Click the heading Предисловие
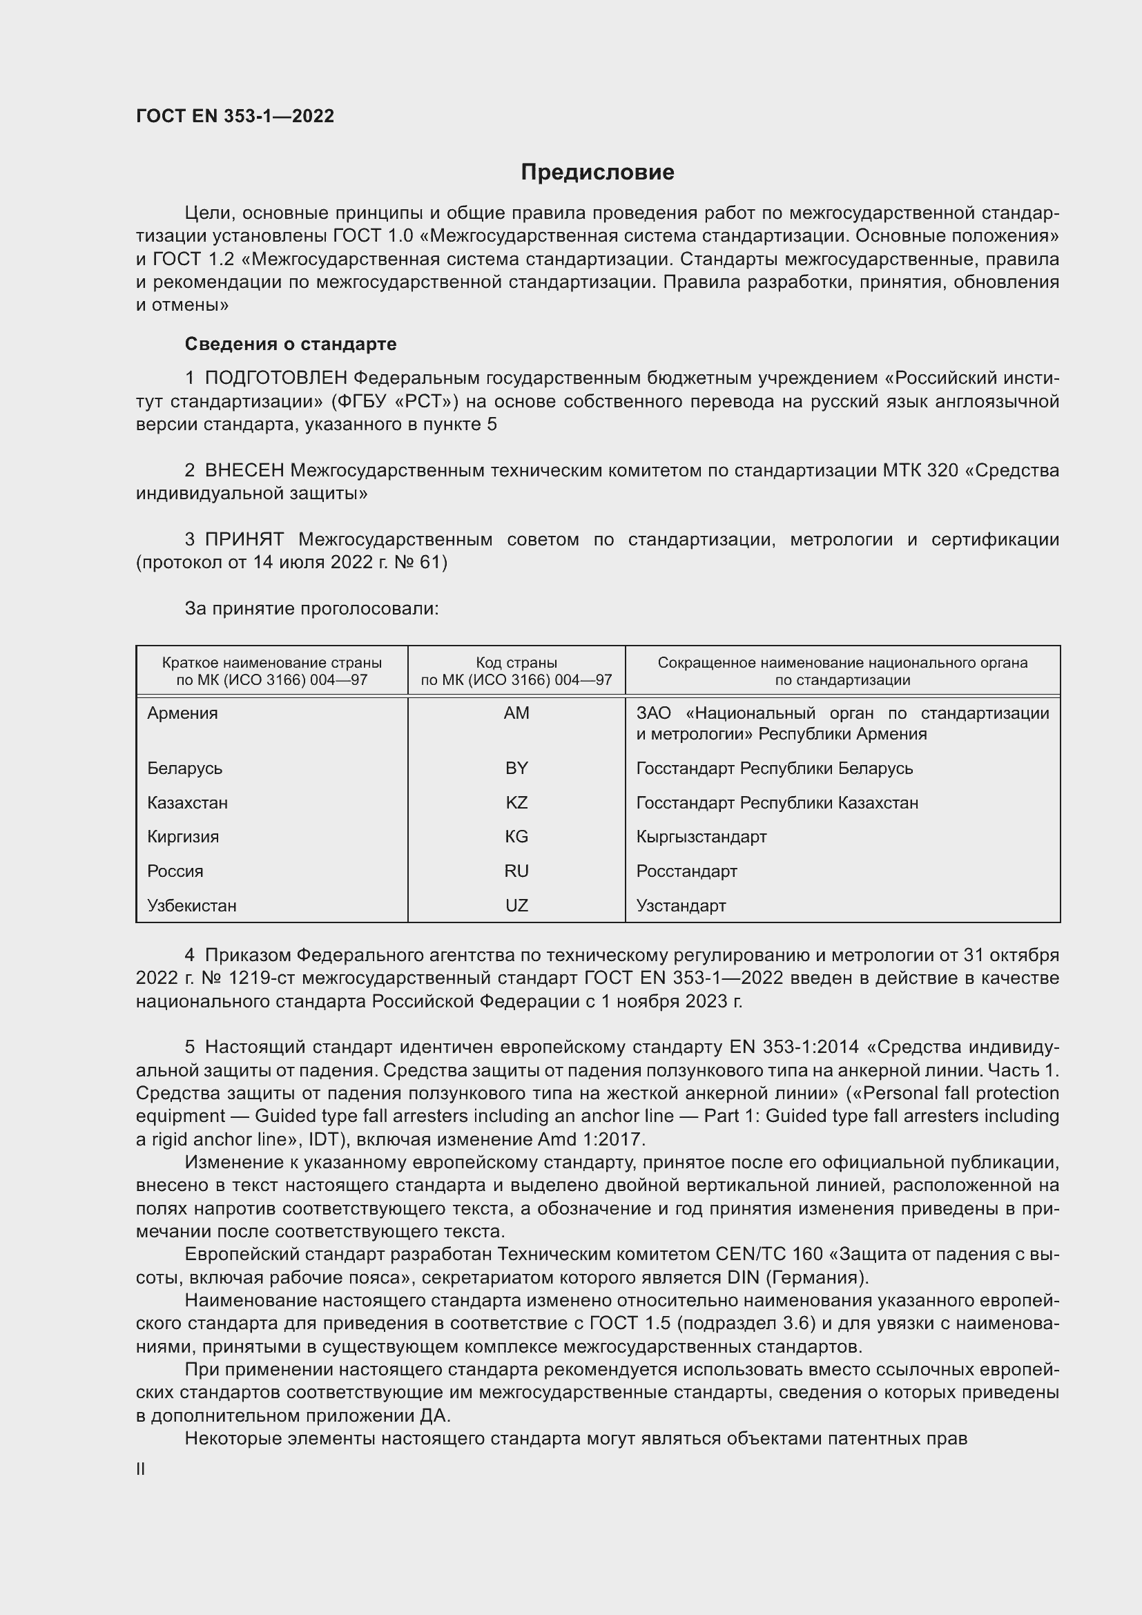coord(597,173)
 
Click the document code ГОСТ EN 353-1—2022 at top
coord(235,117)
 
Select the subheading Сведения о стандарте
coord(291,344)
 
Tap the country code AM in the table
coord(516,713)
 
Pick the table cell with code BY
coord(516,768)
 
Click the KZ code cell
coord(516,802)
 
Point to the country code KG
coord(516,836)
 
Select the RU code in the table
coord(516,871)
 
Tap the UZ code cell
coord(516,905)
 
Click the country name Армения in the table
coord(183,713)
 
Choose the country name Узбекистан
coord(192,905)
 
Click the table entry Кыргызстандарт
coord(701,836)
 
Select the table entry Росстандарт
coord(686,871)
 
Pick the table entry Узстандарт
coord(681,905)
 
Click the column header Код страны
coord(516,663)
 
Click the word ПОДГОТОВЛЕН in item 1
coord(275,378)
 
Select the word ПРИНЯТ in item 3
coord(244,539)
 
